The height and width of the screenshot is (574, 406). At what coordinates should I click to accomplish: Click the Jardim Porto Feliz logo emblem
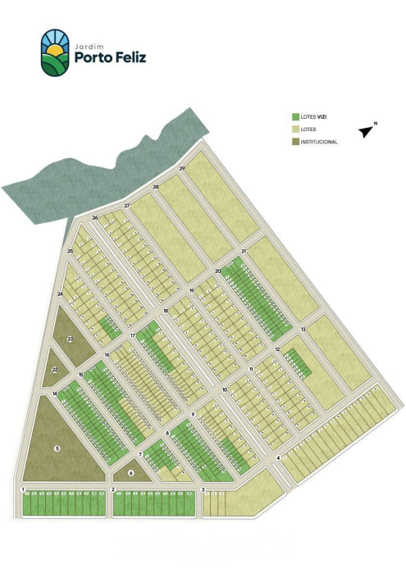click(56, 52)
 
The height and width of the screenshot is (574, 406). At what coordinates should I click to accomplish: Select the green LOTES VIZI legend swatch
click(295, 116)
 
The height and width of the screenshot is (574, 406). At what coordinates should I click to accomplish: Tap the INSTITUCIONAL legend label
click(319, 141)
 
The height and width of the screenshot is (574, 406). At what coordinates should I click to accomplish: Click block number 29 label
click(182, 168)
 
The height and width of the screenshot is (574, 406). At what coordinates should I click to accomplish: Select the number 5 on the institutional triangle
click(57, 448)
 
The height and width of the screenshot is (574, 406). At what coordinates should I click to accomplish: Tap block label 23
click(70, 339)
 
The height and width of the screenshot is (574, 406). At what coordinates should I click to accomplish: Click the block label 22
click(54, 371)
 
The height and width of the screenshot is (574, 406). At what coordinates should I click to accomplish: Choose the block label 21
click(244, 251)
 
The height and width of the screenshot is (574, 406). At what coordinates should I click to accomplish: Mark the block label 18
click(165, 311)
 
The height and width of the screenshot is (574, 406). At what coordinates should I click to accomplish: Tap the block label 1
click(23, 490)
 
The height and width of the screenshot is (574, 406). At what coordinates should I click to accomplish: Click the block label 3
click(203, 490)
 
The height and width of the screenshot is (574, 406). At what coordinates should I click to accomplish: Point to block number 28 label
click(155, 187)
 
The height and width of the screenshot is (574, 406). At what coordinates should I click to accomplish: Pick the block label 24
click(60, 294)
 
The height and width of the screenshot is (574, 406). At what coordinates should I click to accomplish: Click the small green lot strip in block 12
click(296, 359)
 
